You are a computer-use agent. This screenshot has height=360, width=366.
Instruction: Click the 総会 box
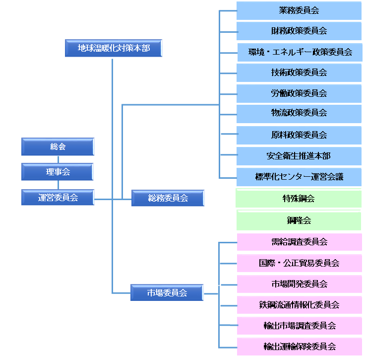[58, 146]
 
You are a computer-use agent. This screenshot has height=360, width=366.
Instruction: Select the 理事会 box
[58, 172]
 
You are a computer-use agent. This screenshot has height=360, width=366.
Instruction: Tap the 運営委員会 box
[58, 197]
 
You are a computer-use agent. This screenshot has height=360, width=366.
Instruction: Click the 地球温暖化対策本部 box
[114, 48]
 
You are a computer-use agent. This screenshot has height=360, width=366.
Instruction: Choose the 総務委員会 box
[168, 198]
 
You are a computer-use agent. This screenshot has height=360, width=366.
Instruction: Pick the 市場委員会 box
[167, 292]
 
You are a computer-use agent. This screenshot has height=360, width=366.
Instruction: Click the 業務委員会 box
[299, 10]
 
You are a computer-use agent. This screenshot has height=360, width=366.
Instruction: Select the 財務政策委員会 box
[299, 31]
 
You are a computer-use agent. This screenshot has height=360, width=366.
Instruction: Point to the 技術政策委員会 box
[299, 72]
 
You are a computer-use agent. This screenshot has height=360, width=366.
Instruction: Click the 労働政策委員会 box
[299, 93]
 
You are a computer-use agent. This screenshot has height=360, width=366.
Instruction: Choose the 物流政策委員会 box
[299, 113]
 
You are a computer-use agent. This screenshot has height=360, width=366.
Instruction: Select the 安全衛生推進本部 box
[299, 156]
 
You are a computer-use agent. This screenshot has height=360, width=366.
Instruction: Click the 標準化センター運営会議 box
[299, 177]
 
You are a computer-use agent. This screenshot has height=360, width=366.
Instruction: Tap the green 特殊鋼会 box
[299, 199]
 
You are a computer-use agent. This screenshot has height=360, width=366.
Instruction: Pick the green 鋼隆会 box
[299, 220]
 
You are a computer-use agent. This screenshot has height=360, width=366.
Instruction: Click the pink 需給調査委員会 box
[299, 242]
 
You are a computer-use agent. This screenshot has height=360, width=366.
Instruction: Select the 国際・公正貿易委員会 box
[299, 263]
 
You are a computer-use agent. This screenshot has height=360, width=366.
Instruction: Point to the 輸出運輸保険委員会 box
[299, 346]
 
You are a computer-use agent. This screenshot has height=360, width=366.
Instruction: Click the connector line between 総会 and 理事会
[58, 159]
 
